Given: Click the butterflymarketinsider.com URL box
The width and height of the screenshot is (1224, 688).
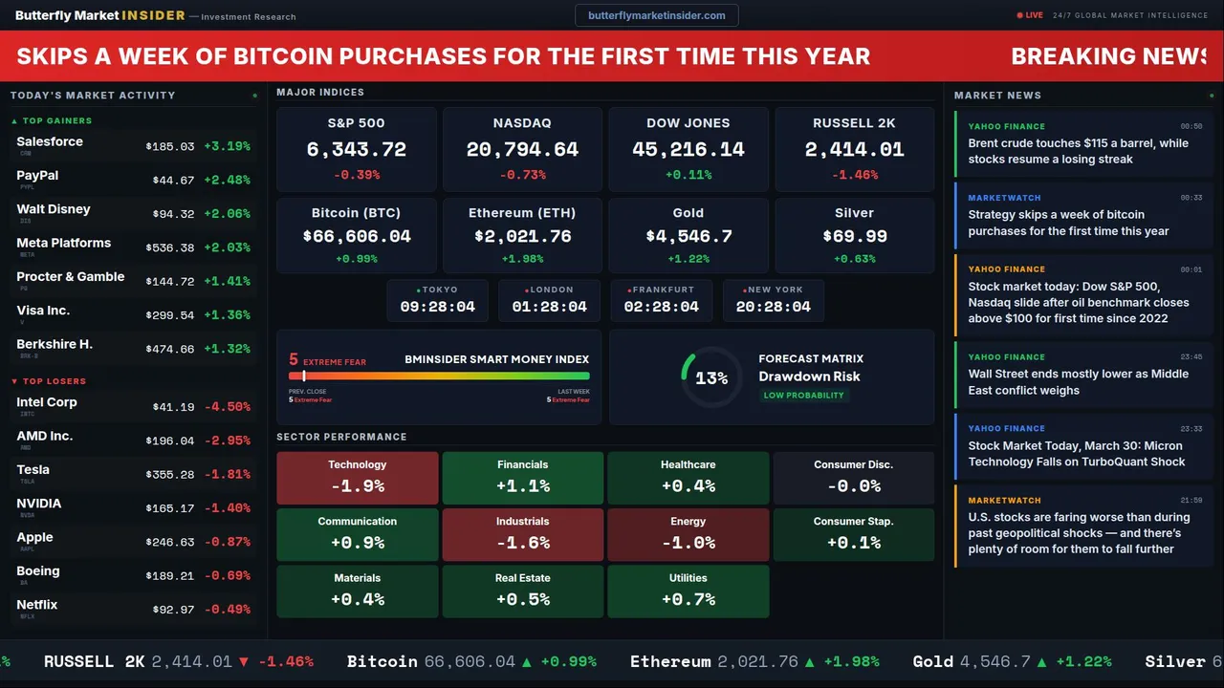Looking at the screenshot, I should click(x=657, y=15).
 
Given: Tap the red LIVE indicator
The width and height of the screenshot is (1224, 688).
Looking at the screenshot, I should click(x=1031, y=15).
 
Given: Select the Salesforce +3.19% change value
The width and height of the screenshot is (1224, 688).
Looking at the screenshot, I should click(x=227, y=146).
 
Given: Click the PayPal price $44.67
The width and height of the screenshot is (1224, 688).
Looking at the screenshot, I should click(x=173, y=180).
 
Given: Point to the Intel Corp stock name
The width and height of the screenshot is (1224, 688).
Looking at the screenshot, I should click(x=47, y=402).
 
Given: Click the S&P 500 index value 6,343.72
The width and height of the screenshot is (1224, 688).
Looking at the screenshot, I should click(x=356, y=150).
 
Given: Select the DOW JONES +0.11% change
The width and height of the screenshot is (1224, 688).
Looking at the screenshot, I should click(x=688, y=175).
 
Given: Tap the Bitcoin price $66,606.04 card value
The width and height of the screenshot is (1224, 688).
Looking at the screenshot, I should click(x=356, y=236).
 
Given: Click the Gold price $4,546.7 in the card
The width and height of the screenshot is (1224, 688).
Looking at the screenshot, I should click(x=688, y=236).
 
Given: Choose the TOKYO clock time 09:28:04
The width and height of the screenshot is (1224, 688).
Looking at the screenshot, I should click(x=437, y=307).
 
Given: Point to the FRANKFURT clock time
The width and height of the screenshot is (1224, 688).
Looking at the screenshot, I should click(x=661, y=307).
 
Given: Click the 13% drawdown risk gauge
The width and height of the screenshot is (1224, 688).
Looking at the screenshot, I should click(x=711, y=378).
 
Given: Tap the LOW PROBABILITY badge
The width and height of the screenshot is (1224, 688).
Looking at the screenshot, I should click(x=803, y=396).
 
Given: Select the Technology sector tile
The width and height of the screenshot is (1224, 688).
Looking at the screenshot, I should click(x=357, y=478).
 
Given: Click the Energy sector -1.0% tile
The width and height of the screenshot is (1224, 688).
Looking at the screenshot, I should click(x=688, y=534).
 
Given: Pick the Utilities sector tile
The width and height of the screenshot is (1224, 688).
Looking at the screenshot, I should click(x=688, y=591).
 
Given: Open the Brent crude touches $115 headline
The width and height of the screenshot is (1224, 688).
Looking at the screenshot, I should click(x=1078, y=151).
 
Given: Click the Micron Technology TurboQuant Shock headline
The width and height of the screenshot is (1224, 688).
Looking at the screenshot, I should click(x=1076, y=454).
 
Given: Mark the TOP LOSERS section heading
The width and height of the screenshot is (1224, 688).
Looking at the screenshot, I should click(x=54, y=381).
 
